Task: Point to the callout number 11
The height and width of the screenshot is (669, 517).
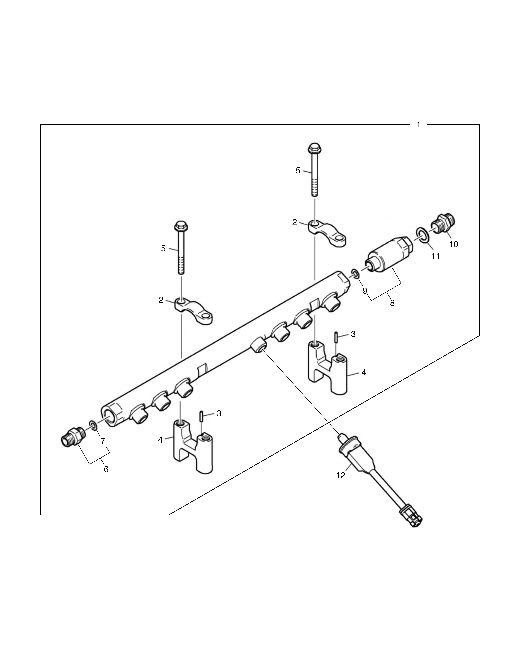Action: [436, 256]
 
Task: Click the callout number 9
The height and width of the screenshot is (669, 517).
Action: [365, 291]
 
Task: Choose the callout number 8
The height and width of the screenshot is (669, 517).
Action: [392, 303]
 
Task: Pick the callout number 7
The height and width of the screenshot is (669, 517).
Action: [103, 441]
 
